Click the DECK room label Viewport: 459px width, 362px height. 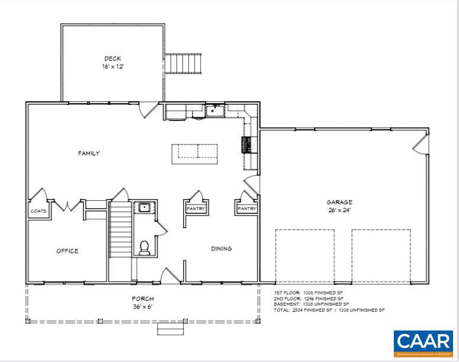[x=113, y=58]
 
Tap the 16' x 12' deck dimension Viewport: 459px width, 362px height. [x=113, y=66]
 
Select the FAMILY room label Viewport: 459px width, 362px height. [x=89, y=153]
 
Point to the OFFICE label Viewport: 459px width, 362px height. [x=67, y=251]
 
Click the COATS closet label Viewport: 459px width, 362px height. [x=38, y=211]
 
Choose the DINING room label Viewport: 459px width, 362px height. [x=221, y=249]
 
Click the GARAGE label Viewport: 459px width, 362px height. [x=339, y=202]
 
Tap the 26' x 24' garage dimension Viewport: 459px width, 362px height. [x=339, y=210]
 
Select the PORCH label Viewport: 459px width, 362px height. [x=143, y=299]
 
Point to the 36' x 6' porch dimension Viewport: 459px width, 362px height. [x=143, y=306]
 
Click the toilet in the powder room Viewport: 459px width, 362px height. [x=144, y=248]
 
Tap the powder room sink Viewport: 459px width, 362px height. [x=143, y=207]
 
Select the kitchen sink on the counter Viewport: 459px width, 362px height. [x=214, y=110]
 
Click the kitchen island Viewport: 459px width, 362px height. [x=194, y=153]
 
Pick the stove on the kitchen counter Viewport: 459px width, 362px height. [x=246, y=145]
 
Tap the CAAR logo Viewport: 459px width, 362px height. [x=423, y=343]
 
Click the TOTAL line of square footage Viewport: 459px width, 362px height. [x=329, y=310]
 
